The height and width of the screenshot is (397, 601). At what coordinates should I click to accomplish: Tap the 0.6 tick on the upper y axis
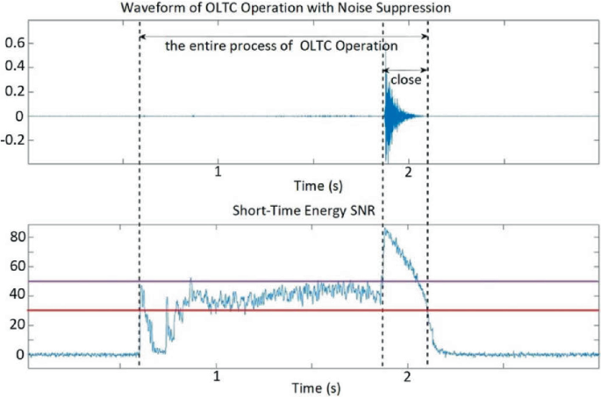tap(15, 42)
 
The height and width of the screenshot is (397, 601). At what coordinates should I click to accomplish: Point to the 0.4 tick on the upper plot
tap(15, 67)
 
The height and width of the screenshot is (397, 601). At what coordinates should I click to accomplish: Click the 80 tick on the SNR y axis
tap(13, 237)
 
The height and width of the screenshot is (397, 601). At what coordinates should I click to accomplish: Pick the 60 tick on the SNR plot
tap(13, 266)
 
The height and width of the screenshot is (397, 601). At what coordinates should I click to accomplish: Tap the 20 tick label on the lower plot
tap(13, 325)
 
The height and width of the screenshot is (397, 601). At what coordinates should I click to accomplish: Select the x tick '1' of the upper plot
tap(218, 171)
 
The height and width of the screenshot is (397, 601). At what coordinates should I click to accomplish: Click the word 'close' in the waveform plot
tap(405, 81)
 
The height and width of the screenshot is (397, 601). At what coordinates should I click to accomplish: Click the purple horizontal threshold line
tap(263, 281)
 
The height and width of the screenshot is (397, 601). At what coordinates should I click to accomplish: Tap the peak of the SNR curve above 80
tap(385, 230)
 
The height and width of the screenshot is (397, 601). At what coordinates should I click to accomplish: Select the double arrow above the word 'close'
tap(405, 69)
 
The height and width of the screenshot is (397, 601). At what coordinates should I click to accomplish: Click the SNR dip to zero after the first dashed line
tap(159, 351)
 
